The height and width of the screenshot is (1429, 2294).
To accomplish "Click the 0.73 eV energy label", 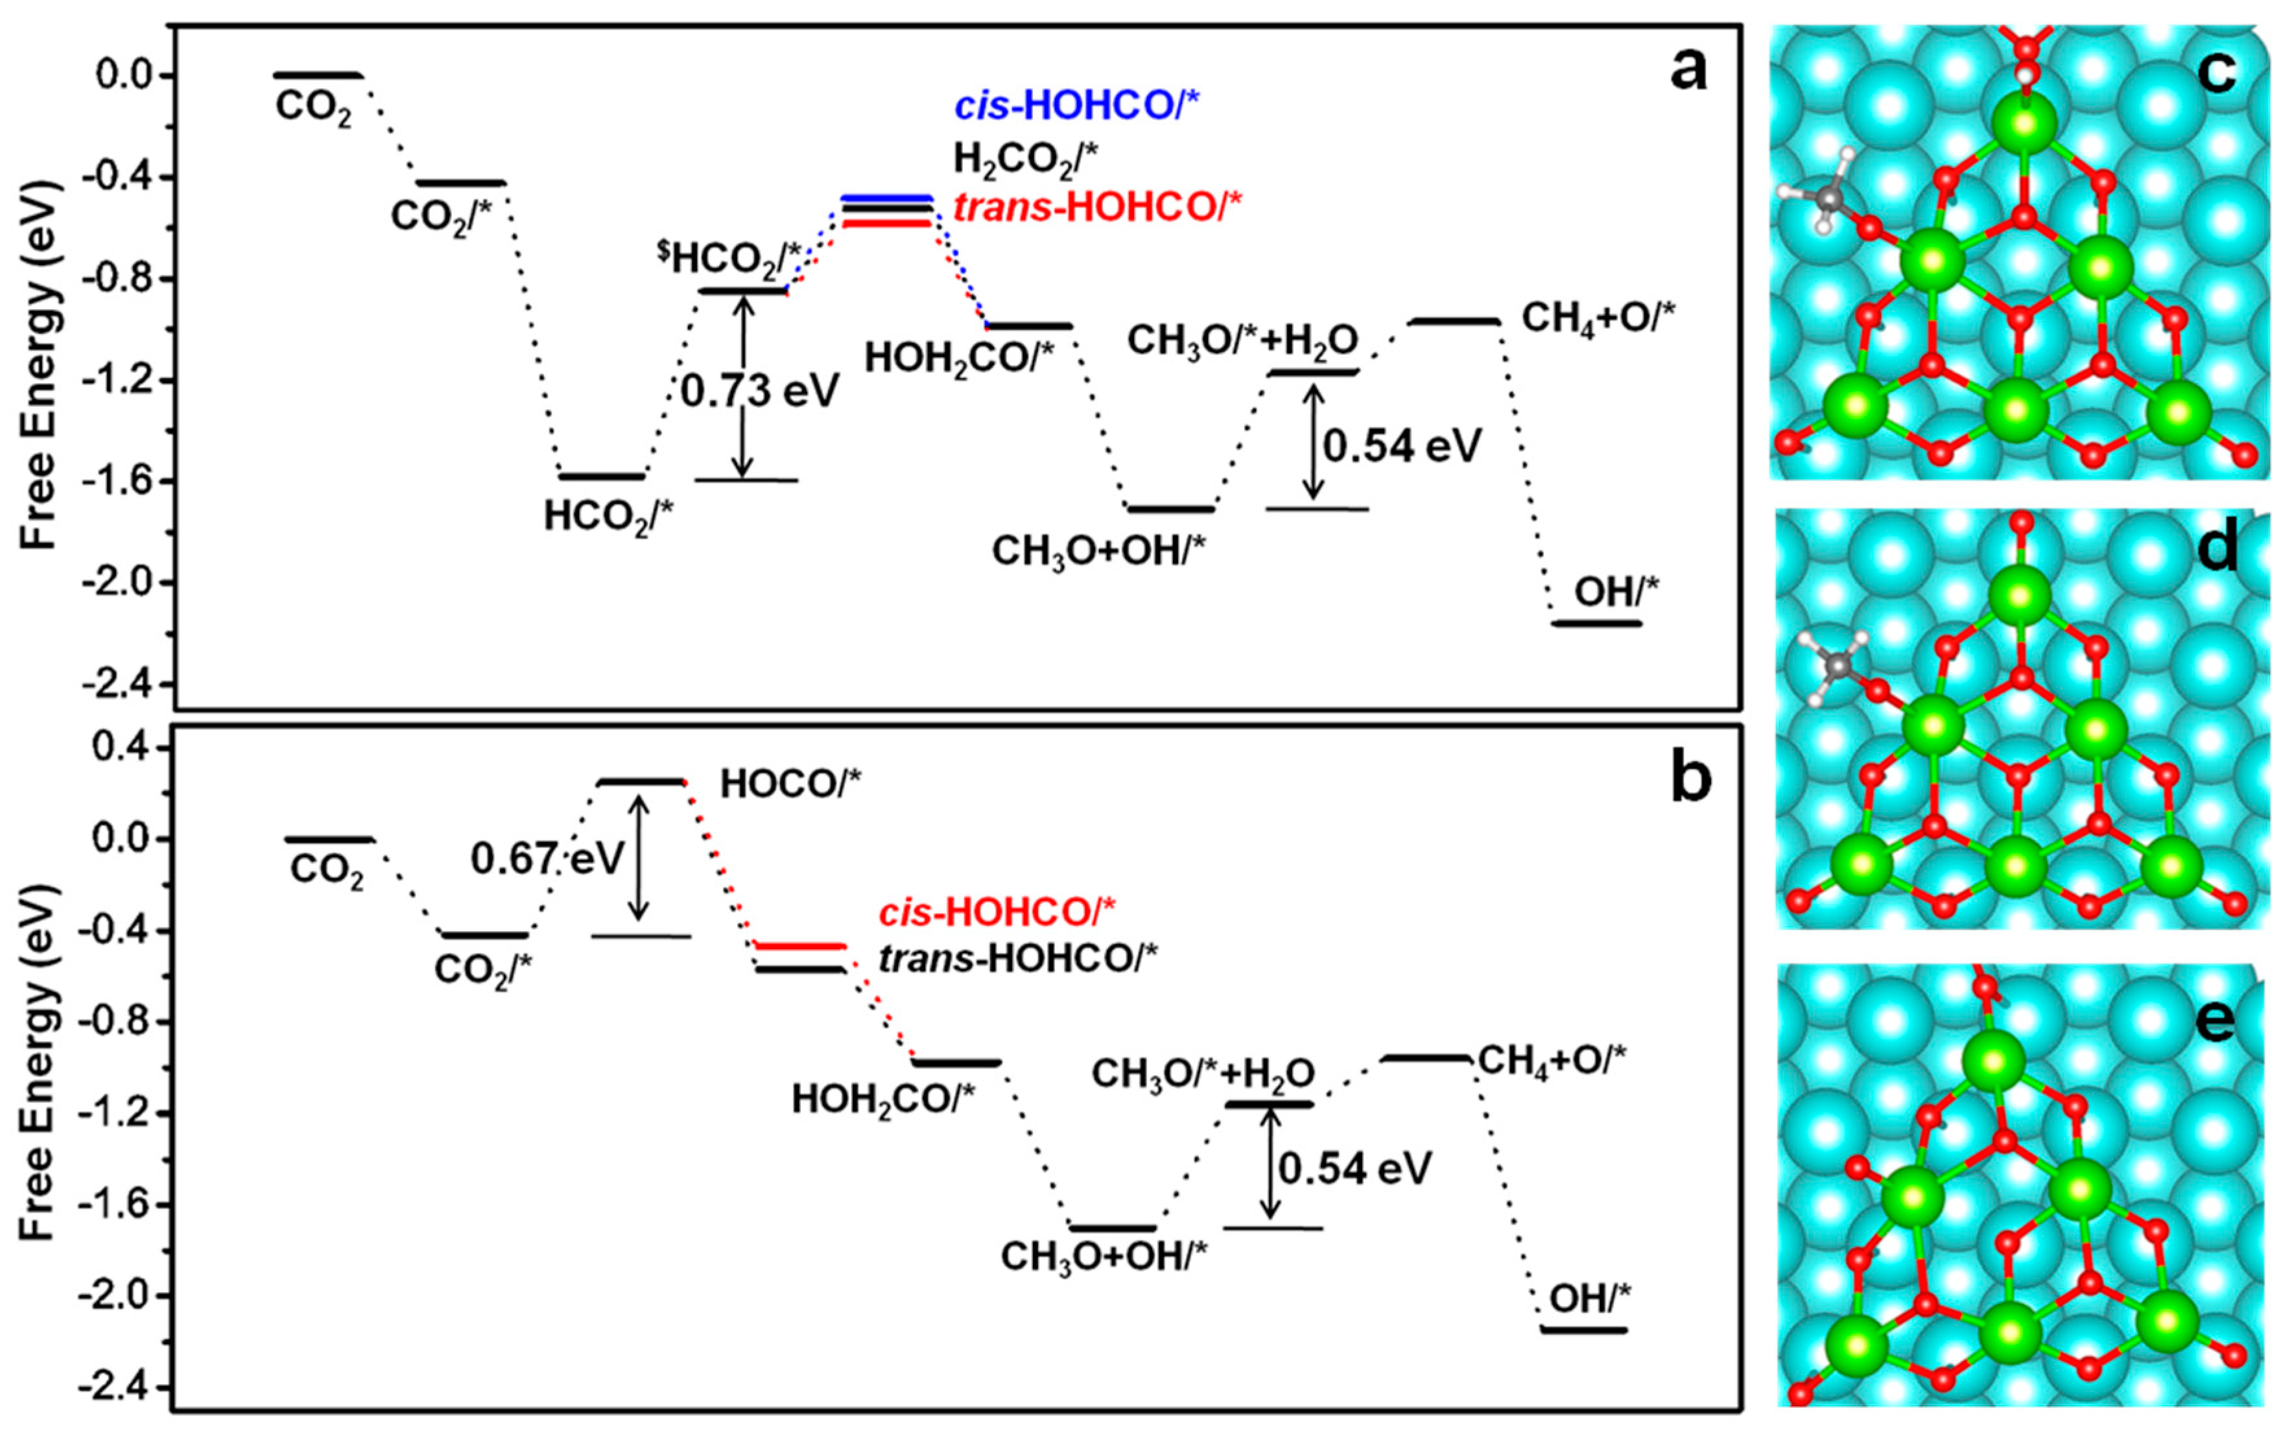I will point(760,390).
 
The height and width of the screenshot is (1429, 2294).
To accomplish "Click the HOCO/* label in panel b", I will point(791,783).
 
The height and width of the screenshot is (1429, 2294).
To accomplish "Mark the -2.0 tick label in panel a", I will point(128,583).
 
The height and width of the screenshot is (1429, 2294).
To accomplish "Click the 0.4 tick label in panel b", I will point(128,748).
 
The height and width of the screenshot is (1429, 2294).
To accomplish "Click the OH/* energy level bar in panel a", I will point(1598,623).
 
